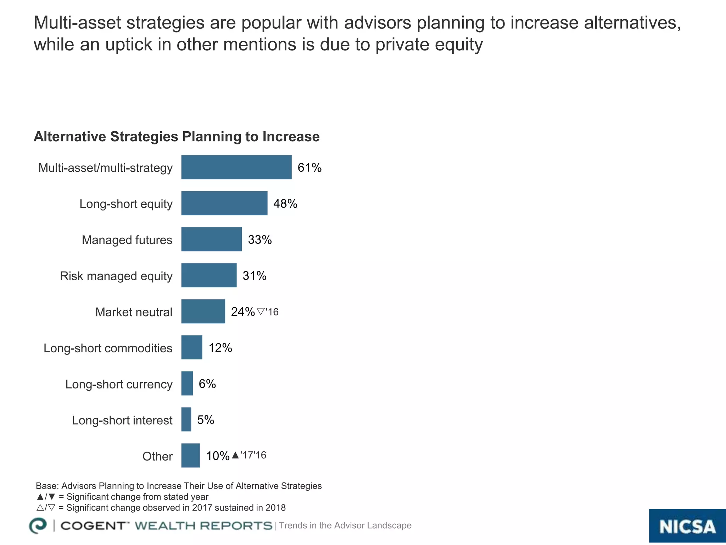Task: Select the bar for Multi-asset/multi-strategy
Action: [x=236, y=167]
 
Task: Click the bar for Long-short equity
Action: [x=224, y=203]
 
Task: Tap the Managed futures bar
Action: [x=211, y=240]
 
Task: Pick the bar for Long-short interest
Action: [x=186, y=419]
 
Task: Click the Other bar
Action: [x=190, y=456]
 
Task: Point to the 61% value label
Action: [x=309, y=167]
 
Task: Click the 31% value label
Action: [x=254, y=276]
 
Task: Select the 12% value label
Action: [x=220, y=348]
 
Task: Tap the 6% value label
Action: [x=207, y=384]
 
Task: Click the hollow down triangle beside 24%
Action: [x=261, y=312]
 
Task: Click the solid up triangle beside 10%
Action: [x=235, y=455]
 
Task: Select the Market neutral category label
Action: [x=134, y=312]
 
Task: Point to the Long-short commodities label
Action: [x=108, y=348]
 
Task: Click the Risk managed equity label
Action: [x=116, y=276]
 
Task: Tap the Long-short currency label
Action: [x=119, y=384]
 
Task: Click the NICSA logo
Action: [x=687, y=526]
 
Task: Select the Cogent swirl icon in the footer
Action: [x=38, y=525]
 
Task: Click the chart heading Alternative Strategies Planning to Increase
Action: [x=177, y=137]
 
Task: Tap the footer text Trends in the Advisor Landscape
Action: [x=345, y=525]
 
